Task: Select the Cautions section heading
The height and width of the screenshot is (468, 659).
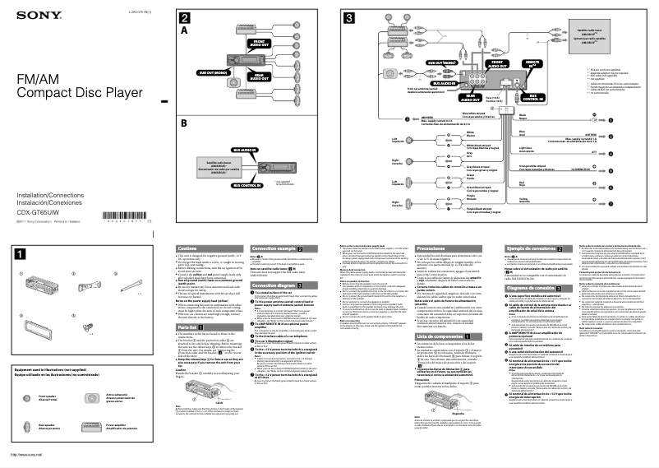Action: coord(187,248)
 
